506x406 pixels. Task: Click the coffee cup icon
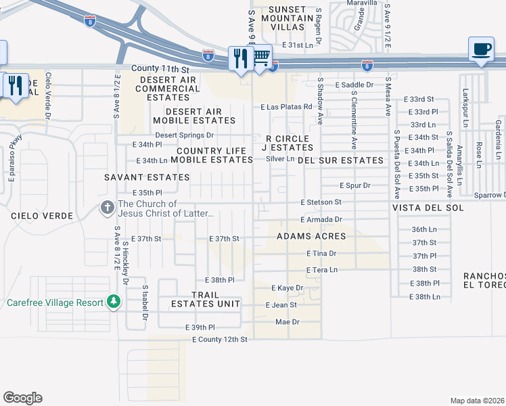481,49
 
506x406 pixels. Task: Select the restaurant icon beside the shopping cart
240,58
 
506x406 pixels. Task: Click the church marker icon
107,207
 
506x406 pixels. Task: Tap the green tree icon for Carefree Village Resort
114,302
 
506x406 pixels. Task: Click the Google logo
22,398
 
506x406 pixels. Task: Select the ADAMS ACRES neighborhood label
311,236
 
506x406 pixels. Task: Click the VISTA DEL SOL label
430,207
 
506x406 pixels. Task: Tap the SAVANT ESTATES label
147,177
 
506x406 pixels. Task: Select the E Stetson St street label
321,202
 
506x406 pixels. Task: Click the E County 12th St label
220,338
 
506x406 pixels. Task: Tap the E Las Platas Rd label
286,107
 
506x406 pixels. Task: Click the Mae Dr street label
287,321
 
